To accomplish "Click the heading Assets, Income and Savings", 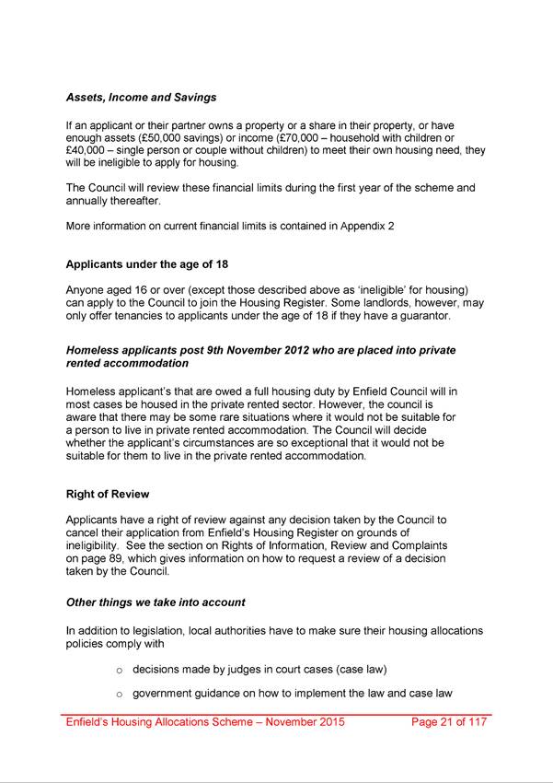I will pos(141,97).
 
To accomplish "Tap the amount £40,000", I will pos(87,150).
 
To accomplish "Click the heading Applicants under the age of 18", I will pos(147,264).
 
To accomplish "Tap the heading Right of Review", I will pos(108,494).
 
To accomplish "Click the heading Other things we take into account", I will pos(155,602).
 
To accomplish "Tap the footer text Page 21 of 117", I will pos(449,722).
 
